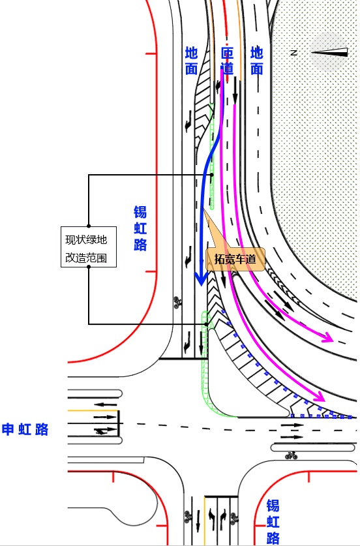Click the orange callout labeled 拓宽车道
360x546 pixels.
coord(235,259)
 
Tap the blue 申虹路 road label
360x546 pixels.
coord(25,429)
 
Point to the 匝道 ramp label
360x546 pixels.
coord(228,61)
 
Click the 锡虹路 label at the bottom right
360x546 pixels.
coord(273,522)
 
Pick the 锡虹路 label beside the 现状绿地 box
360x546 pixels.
coord(140,228)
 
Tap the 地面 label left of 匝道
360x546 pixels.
coord(192,61)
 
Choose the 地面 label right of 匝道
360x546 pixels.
coord(257,61)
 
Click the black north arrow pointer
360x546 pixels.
coord(329,52)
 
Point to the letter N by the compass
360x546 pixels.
coord(294,53)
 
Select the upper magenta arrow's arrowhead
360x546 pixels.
coord(327,337)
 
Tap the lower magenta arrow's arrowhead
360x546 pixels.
coord(319,397)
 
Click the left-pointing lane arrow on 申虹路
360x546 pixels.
coord(106,404)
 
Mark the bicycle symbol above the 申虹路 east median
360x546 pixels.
coord(291,455)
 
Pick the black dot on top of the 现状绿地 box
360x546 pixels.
coord(89,226)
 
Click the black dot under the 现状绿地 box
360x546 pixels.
coord(89,267)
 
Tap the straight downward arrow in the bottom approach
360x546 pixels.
coord(198,521)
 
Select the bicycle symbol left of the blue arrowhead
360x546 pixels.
coord(178,301)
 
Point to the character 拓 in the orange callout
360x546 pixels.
coord(220,259)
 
